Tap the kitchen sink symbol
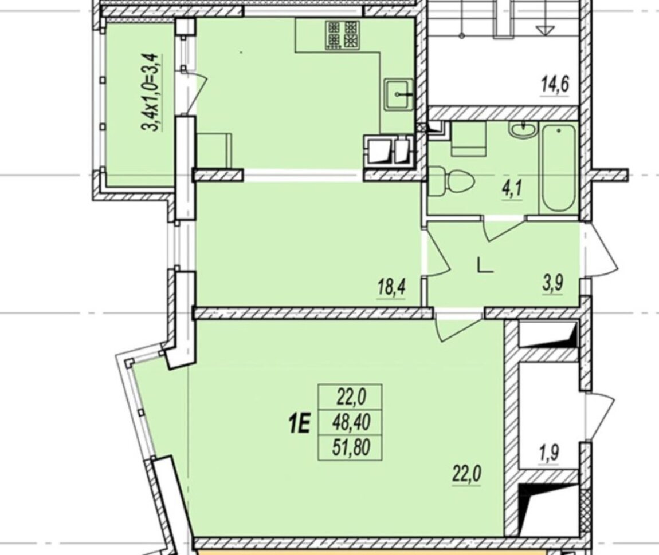tap(399, 94)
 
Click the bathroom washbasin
tap(523, 130)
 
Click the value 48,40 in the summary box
tap(351, 422)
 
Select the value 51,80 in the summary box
tap(351, 447)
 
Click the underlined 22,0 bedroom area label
tap(466, 475)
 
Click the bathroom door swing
tap(504, 229)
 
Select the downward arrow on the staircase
tap(546, 30)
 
